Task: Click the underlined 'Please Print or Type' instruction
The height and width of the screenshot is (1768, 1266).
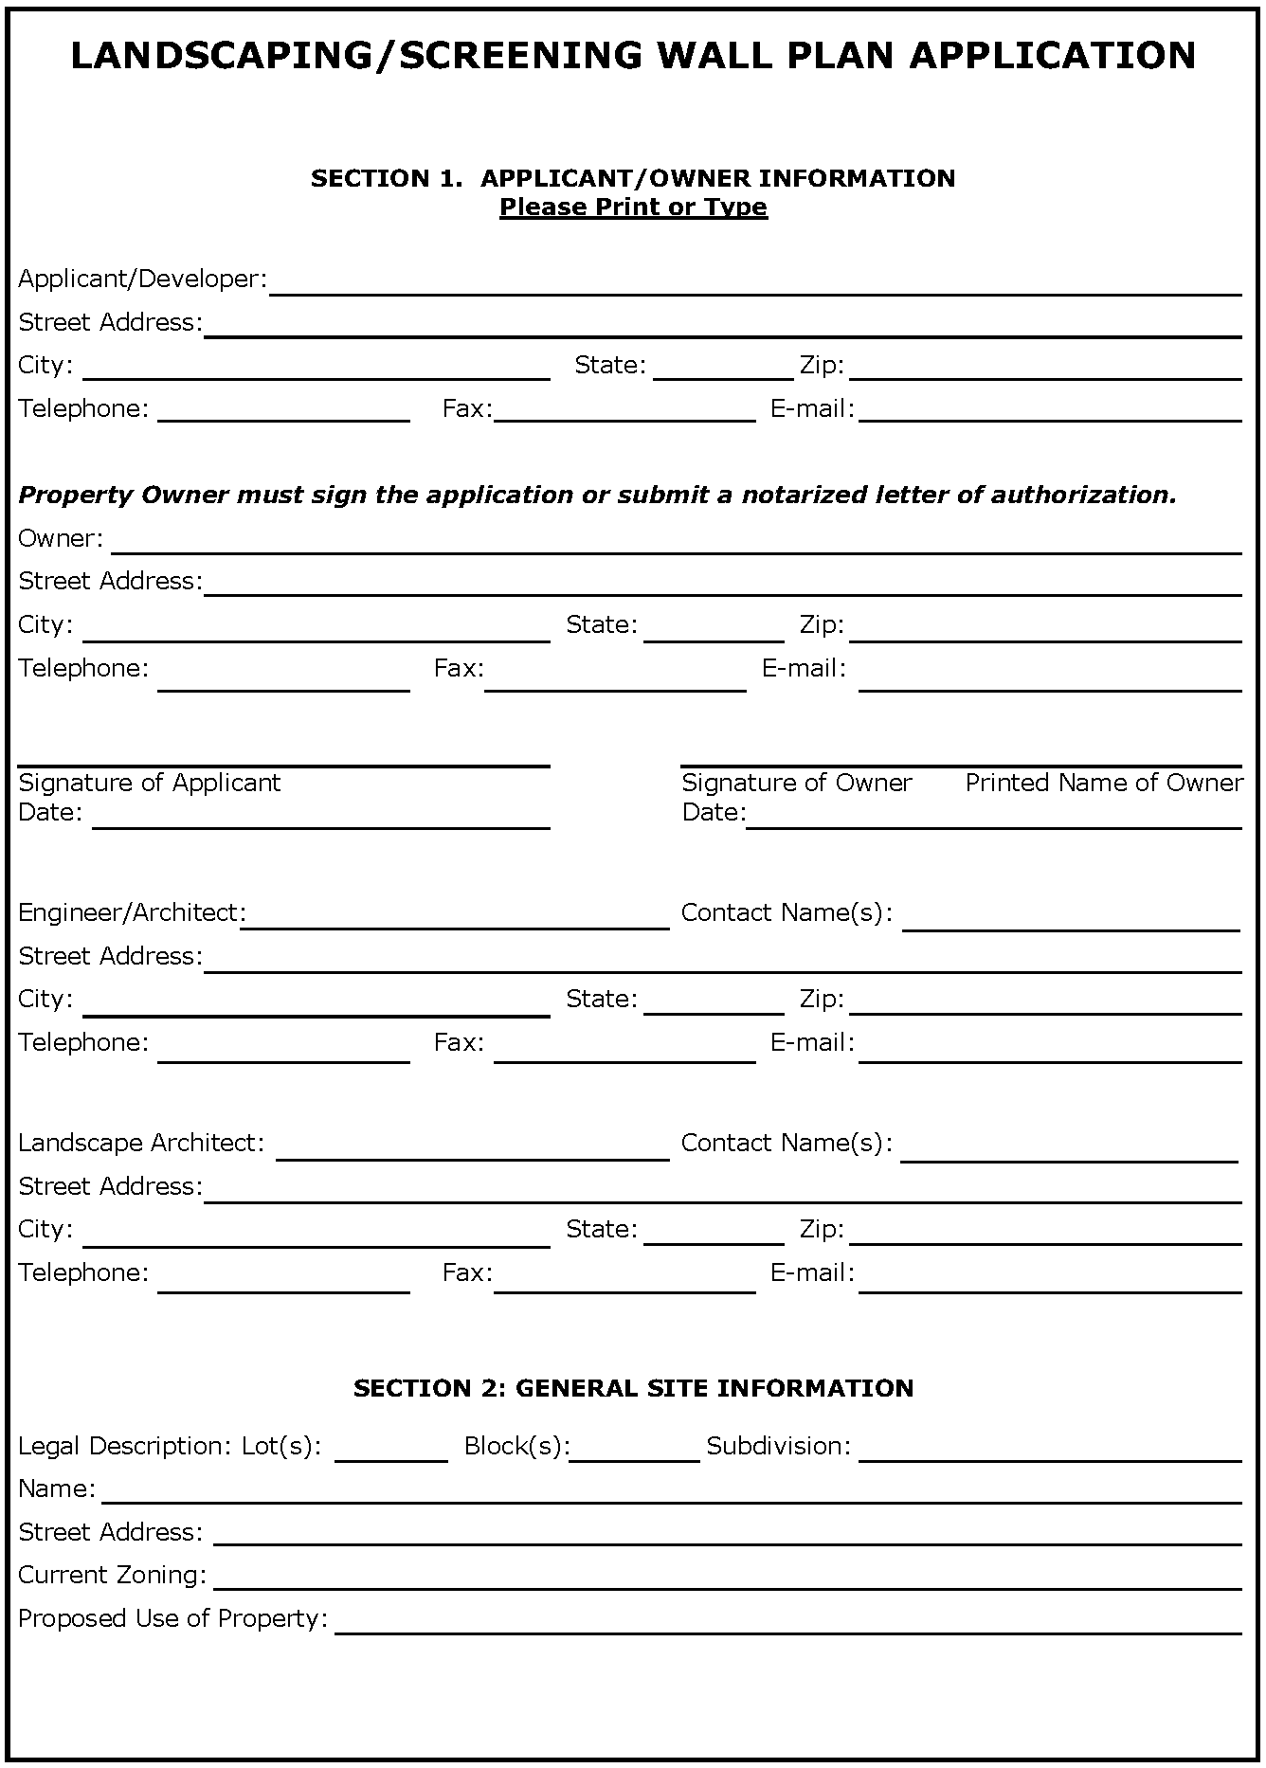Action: tap(633, 207)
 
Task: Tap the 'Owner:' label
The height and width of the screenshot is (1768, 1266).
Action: tap(61, 538)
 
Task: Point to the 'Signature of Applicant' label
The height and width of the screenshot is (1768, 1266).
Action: tap(150, 783)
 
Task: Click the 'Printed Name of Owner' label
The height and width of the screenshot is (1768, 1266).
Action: tap(1104, 783)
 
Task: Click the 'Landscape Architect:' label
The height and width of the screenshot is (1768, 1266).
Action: tap(141, 1143)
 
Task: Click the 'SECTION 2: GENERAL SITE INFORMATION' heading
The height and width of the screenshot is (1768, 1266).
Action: tap(633, 1388)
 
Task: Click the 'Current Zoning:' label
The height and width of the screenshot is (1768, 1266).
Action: tap(113, 1575)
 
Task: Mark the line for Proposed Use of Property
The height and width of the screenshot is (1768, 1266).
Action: tap(787, 1625)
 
